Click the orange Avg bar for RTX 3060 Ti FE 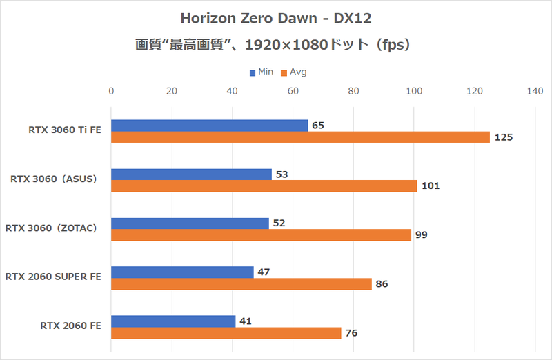(300, 137)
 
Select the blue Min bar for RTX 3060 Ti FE (209, 126)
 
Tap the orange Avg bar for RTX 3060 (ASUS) (264, 186)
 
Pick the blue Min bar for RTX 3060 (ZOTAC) (190, 223)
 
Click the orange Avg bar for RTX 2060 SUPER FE (241, 283)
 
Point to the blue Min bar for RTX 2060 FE (173, 321)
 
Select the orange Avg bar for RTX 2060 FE (226, 333)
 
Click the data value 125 (504, 137)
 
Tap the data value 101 (431, 186)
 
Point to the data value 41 (246, 321)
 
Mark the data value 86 (382, 283)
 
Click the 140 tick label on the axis (535, 90)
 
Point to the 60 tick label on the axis (293, 90)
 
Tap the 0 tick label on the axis (111, 90)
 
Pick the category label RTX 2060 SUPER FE (53, 277)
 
